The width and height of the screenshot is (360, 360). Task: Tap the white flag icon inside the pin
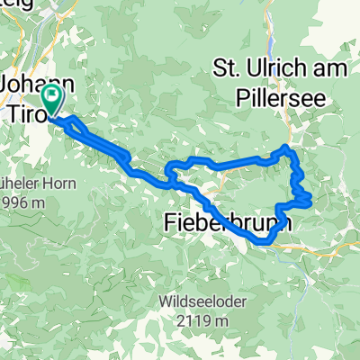52,94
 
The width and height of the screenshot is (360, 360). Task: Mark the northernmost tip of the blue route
285,146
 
